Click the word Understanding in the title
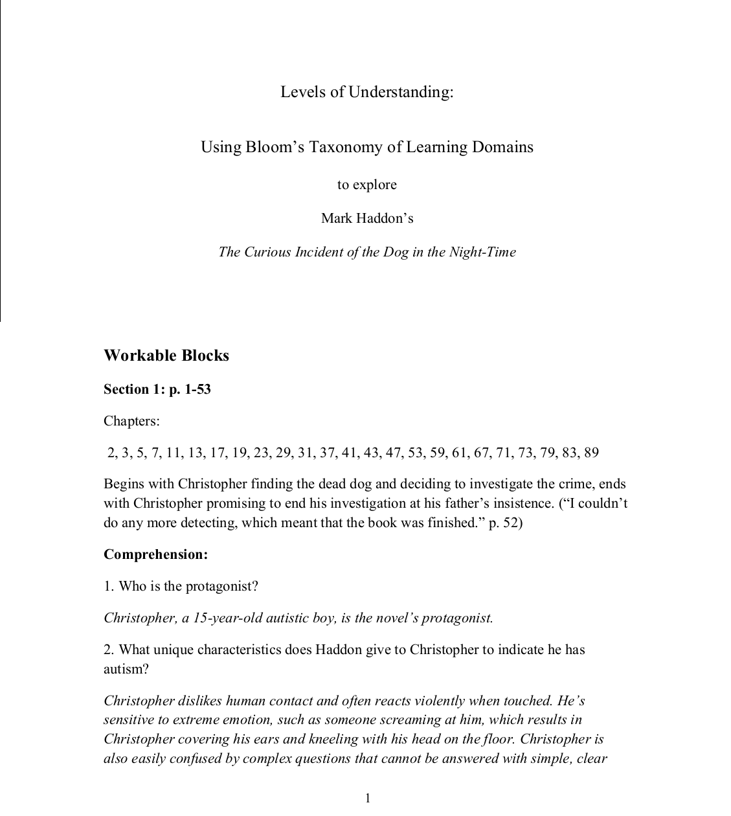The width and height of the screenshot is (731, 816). click(401, 92)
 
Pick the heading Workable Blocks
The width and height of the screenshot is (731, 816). click(166, 356)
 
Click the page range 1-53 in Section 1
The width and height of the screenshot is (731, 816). click(196, 389)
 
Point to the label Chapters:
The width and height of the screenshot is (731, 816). click(131, 421)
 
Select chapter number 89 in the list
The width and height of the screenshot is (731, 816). click(591, 453)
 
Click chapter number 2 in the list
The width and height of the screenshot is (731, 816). click(111, 453)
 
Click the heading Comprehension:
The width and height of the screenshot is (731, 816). click(155, 554)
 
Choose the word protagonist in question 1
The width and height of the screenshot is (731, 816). click(222, 586)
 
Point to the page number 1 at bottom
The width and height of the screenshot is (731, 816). click(368, 798)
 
